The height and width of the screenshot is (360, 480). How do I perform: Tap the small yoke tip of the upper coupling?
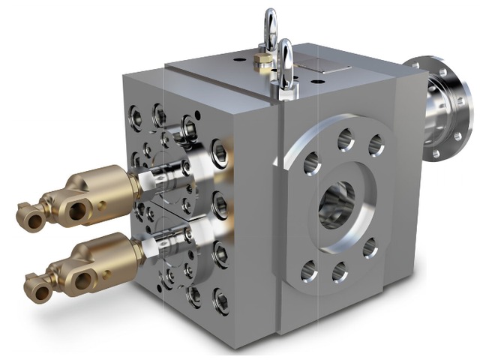coord(28,217)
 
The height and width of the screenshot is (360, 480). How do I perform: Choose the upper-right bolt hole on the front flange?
coord(376,145)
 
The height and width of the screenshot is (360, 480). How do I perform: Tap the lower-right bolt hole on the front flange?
coord(369,248)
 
